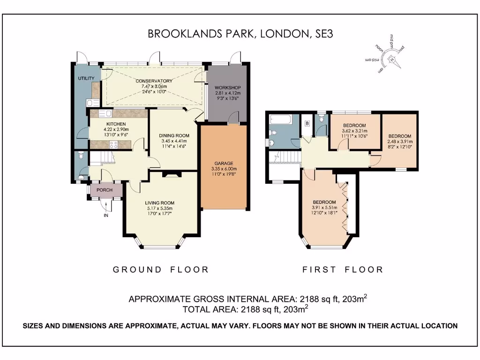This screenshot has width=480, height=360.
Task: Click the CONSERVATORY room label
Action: coord(151,81)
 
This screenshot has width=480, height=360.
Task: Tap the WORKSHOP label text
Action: coord(227,88)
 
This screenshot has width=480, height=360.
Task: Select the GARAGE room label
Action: coord(224,164)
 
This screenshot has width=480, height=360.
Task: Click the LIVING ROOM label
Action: coord(159,203)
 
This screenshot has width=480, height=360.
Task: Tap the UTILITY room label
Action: coord(86,78)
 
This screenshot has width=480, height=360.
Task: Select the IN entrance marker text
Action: coord(106,216)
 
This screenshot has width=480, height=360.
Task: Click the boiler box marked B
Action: coord(307,123)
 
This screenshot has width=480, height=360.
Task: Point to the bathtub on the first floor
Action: coord(280,120)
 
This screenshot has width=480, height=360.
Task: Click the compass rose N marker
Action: coord(391,59)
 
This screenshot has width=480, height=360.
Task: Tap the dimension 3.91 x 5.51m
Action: coord(324,208)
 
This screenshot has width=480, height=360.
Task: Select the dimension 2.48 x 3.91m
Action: coord(399,141)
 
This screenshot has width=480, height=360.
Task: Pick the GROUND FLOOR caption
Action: coord(161,270)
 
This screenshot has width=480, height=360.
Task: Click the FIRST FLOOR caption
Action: coord(343,270)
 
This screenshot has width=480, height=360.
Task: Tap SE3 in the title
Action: coord(322,34)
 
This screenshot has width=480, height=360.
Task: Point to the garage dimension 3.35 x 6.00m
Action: coord(224,169)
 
